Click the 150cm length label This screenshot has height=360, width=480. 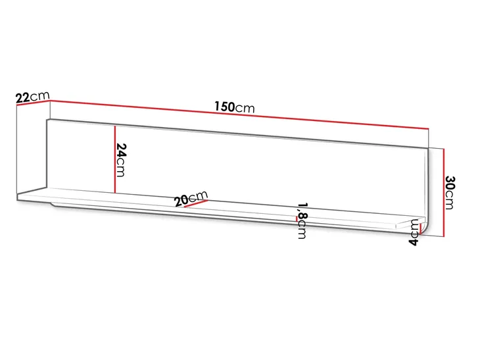coord(235,107)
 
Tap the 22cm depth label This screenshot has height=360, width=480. coord(32,97)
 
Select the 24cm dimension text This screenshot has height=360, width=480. coord(121,160)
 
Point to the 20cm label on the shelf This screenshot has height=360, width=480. coord(191,198)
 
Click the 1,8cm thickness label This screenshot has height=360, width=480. coord(302,220)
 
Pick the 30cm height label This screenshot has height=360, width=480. coord(449,193)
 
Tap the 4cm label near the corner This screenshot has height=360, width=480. coord(414,232)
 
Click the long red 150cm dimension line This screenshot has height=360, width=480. coord(239,115)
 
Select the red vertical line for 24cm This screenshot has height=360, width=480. coord(114,159)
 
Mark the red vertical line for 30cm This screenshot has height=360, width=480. coord(443,193)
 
